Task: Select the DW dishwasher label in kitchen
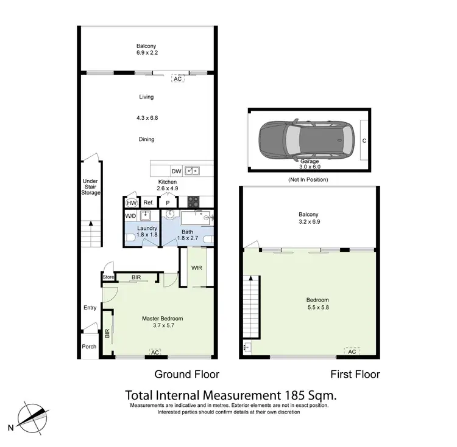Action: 176,171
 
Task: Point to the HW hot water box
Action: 132,203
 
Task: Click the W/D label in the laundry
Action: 130,216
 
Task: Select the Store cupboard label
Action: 108,278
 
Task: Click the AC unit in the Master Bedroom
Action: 155,352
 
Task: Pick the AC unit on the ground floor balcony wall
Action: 178,79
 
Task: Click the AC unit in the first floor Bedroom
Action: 352,352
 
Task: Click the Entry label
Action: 90,308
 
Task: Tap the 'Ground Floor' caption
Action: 186,374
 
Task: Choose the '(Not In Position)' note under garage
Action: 308,180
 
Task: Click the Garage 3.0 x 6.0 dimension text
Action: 308,165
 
